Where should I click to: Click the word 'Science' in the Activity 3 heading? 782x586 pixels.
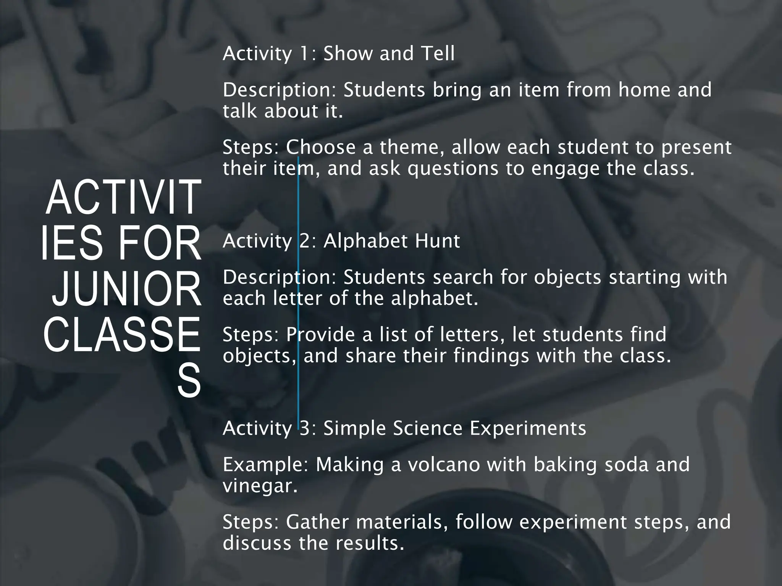point(427,428)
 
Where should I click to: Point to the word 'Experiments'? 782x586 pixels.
point(528,428)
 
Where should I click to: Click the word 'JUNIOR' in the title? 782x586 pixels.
point(126,290)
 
